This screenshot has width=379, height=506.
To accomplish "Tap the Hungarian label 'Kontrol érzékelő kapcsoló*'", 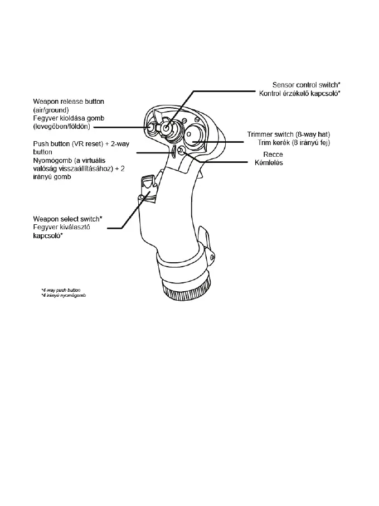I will pos(299,93).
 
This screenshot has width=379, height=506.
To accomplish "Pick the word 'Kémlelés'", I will pos(269,162).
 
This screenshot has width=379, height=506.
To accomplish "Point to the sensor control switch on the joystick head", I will pos(168,128).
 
